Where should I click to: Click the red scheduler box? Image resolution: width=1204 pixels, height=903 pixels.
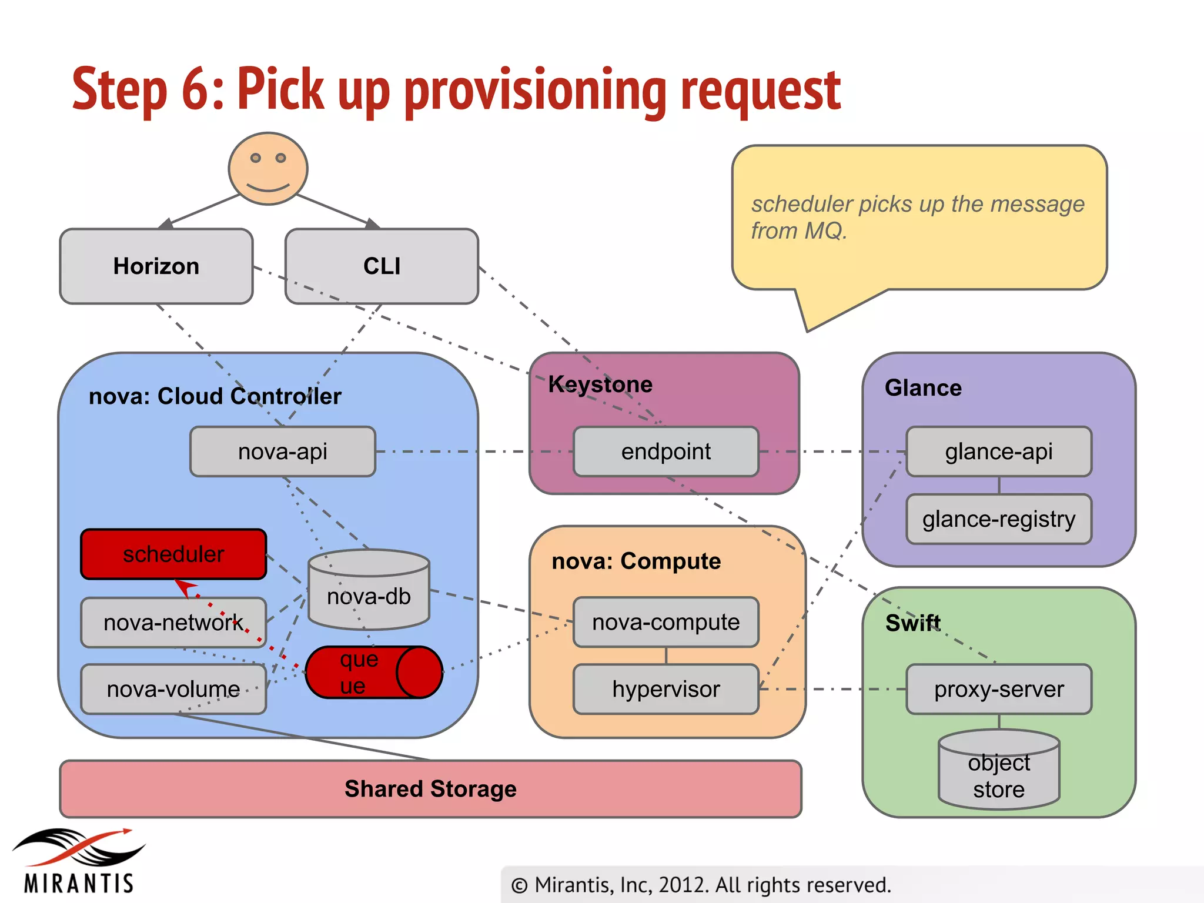[x=173, y=554]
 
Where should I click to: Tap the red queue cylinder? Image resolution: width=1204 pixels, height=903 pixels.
[x=373, y=672]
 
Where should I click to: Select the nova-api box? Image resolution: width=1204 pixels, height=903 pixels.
[x=283, y=451]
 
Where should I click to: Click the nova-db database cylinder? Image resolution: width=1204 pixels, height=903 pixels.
[x=369, y=591]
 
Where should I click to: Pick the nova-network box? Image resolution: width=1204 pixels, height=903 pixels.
[x=173, y=623]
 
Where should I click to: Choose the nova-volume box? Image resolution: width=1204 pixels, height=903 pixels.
[x=173, y=689]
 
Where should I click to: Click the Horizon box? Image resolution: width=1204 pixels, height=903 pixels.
[x=156, y=266]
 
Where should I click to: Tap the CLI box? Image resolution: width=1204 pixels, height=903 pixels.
[x=382, y=266]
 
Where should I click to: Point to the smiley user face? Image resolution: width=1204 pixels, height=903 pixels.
[x=268, y=169]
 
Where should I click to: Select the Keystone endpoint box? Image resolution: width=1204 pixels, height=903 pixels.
[x=665, y=451]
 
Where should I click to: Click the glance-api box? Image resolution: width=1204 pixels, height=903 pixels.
[x=998, y=451]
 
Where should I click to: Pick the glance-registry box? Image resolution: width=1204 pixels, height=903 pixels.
[x=998, y=519]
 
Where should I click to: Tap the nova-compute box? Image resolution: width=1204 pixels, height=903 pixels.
[x=665, y=622]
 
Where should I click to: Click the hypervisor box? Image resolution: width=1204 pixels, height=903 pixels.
[x=665, y=689]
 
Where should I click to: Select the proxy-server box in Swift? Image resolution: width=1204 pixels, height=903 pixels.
[x=998, y=689]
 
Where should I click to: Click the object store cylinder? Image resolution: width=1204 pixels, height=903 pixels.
[x=998, y=771]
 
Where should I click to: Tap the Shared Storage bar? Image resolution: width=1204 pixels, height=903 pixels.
[x=430, y=789]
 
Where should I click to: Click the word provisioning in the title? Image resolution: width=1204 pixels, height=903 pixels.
[x=535, y=91]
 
